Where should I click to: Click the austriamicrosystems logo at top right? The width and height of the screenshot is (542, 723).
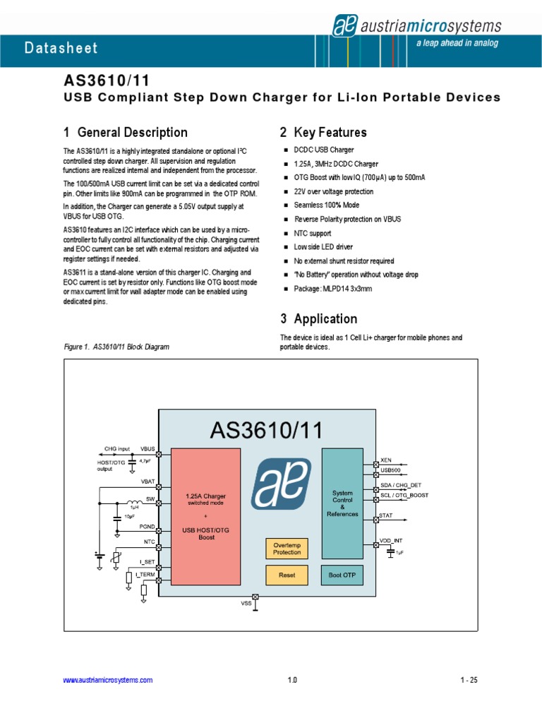tap(416, 27)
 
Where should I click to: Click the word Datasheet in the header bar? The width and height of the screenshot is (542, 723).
tap(61, 49)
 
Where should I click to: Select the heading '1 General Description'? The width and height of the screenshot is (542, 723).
tap(126, 132)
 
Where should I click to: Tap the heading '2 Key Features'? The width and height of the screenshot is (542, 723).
tap(323, 132)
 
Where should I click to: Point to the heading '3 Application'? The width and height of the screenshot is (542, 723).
tap(318, 318)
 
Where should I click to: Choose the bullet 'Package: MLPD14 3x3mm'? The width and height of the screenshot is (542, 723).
tap(333, 289)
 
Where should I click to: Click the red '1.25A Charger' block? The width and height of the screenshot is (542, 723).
tap(206, 515)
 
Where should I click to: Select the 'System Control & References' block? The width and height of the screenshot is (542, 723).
tap(343, 503)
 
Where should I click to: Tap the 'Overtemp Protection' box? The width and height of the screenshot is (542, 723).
tap(287, 548)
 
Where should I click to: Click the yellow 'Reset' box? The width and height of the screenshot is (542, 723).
tap(287, 575)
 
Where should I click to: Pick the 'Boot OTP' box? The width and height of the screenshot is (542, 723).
tap(343, 575)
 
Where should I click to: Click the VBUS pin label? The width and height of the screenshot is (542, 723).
tap(147, 449)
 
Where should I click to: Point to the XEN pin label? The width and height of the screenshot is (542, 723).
tap(385, 460)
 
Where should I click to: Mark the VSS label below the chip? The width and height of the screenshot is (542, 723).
tap(246, 604)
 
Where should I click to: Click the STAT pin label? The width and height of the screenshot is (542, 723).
tap(386, 516)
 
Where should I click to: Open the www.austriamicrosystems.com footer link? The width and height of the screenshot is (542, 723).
tap(108, 680)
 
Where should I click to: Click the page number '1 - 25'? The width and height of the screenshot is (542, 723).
tap(469, 680)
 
